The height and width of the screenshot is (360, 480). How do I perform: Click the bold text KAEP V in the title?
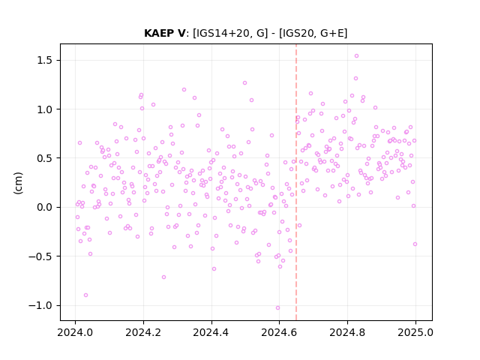coord(164,33)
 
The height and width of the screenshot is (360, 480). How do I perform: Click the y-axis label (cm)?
coord(18,183)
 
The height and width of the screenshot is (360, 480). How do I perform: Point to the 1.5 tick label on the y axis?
coord(44,60)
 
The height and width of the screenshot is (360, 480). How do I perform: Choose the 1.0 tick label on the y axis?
coord(44,109)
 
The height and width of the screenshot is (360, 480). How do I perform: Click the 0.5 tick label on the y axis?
coord(44,158)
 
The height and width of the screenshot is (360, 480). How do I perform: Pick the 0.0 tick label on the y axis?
coord(44,207)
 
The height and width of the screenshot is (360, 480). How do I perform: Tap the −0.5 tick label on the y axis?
coord(40,256)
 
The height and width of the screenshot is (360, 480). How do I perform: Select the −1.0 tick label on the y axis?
coord(40,305)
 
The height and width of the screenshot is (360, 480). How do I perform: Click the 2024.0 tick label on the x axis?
coord(75,332)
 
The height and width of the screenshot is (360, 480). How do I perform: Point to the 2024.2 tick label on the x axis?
coord(143,332)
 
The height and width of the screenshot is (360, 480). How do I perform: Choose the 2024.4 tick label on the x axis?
coord(211,332)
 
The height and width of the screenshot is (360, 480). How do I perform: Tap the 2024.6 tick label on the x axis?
coord(279,332)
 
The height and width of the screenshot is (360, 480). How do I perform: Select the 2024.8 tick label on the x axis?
coord(347,332)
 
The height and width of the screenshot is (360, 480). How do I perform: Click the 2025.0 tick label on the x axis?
coord(415,332)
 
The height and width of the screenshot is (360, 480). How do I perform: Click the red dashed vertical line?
coord(296,182)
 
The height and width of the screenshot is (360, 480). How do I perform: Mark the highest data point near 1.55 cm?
coord(356,56)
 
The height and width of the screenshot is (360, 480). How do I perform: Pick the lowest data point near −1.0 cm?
coord(277,308)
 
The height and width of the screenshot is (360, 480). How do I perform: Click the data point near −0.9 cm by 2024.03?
coord(85,295)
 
